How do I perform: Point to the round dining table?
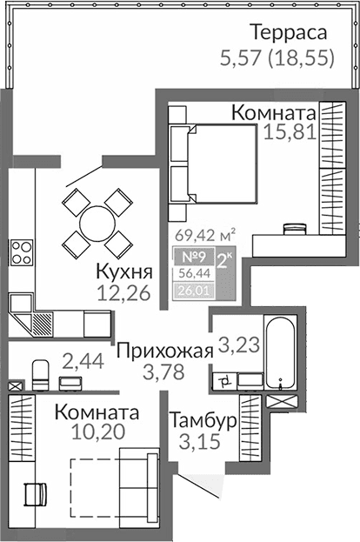97,223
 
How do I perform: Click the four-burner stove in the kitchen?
21,253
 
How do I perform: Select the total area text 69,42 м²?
206,235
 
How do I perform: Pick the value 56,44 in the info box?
187,272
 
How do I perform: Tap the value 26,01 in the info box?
187,290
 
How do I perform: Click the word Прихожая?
164,351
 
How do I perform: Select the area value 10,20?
96,432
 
